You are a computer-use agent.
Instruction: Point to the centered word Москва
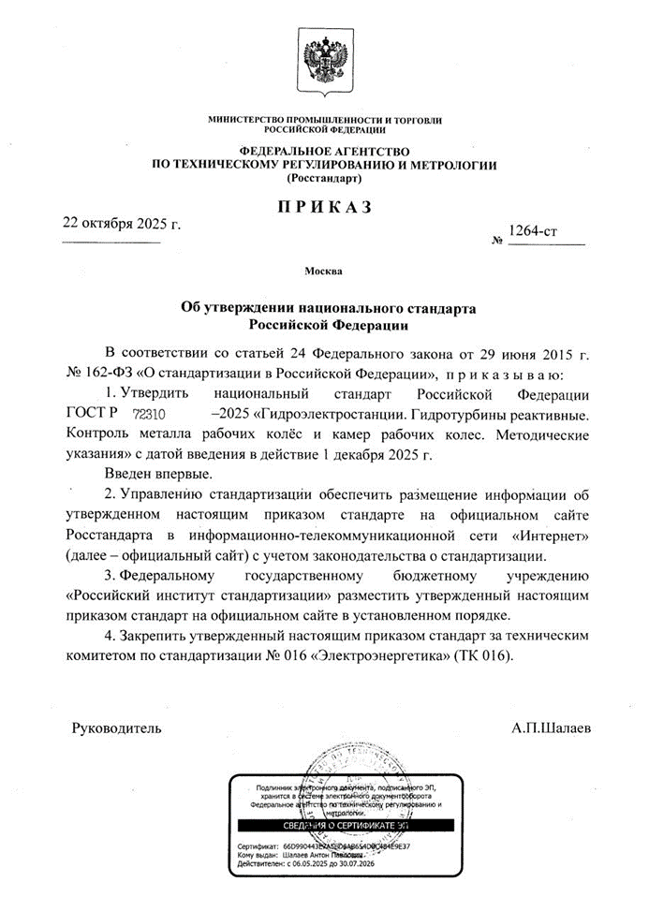[x=324, y=272]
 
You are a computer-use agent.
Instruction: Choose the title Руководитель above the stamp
[x=117, y=727]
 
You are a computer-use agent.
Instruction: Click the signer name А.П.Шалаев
[x=552, y=727]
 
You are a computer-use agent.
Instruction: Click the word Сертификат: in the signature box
[x=258, y=846]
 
